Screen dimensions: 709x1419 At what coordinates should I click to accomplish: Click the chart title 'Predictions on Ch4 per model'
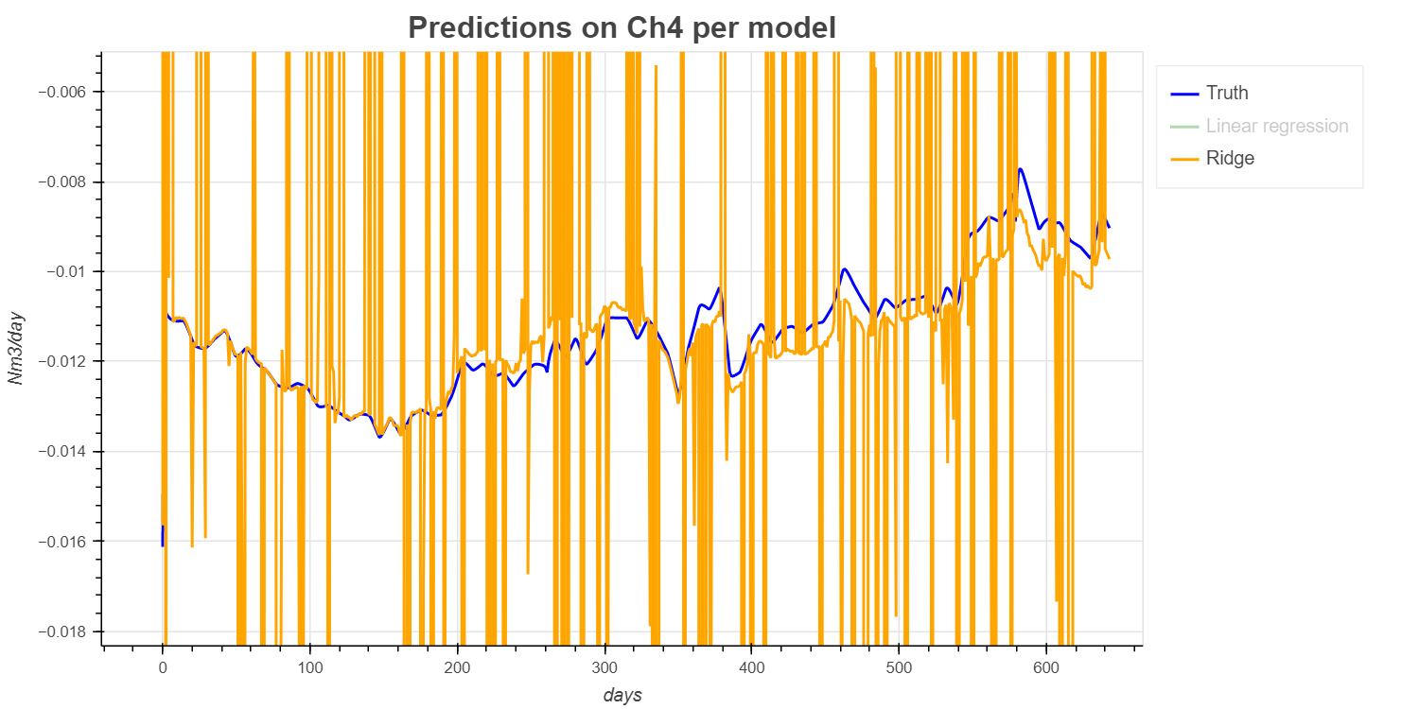coord(622,28)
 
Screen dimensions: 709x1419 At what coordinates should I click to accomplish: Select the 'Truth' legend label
coord(1227,93)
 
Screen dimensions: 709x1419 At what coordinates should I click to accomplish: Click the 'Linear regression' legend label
coord(1277,126)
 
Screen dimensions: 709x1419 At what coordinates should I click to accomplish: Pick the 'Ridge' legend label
coord(1230,158)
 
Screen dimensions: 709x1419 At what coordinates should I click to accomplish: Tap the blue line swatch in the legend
coord(1184,94)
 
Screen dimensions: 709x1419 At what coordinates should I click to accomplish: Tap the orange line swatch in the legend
coord(1184,159)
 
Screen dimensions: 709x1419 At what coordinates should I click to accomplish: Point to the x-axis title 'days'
coord(622,695)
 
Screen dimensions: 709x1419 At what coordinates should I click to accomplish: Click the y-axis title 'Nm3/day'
coord(16,349)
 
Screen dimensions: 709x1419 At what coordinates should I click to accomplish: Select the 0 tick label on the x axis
coord(163,667)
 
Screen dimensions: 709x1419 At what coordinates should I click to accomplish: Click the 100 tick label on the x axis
coord(309,667)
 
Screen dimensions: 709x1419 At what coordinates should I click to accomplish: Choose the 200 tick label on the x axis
coord(457,667)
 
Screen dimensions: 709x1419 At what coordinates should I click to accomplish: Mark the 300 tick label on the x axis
coord(604,667)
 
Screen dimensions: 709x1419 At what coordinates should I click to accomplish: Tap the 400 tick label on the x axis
coord(751,667)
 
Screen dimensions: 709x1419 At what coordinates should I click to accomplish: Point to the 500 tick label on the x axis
coord(899,667)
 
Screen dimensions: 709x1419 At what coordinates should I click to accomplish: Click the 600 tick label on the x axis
coord(1045,667)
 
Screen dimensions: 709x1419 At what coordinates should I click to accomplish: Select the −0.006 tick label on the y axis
coord(61,92)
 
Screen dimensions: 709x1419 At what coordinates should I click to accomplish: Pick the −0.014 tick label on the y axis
coord(61,451)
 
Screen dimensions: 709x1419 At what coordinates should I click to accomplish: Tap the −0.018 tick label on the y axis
coord(61,631)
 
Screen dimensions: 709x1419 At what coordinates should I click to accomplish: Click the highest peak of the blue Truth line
coord(1020,169)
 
